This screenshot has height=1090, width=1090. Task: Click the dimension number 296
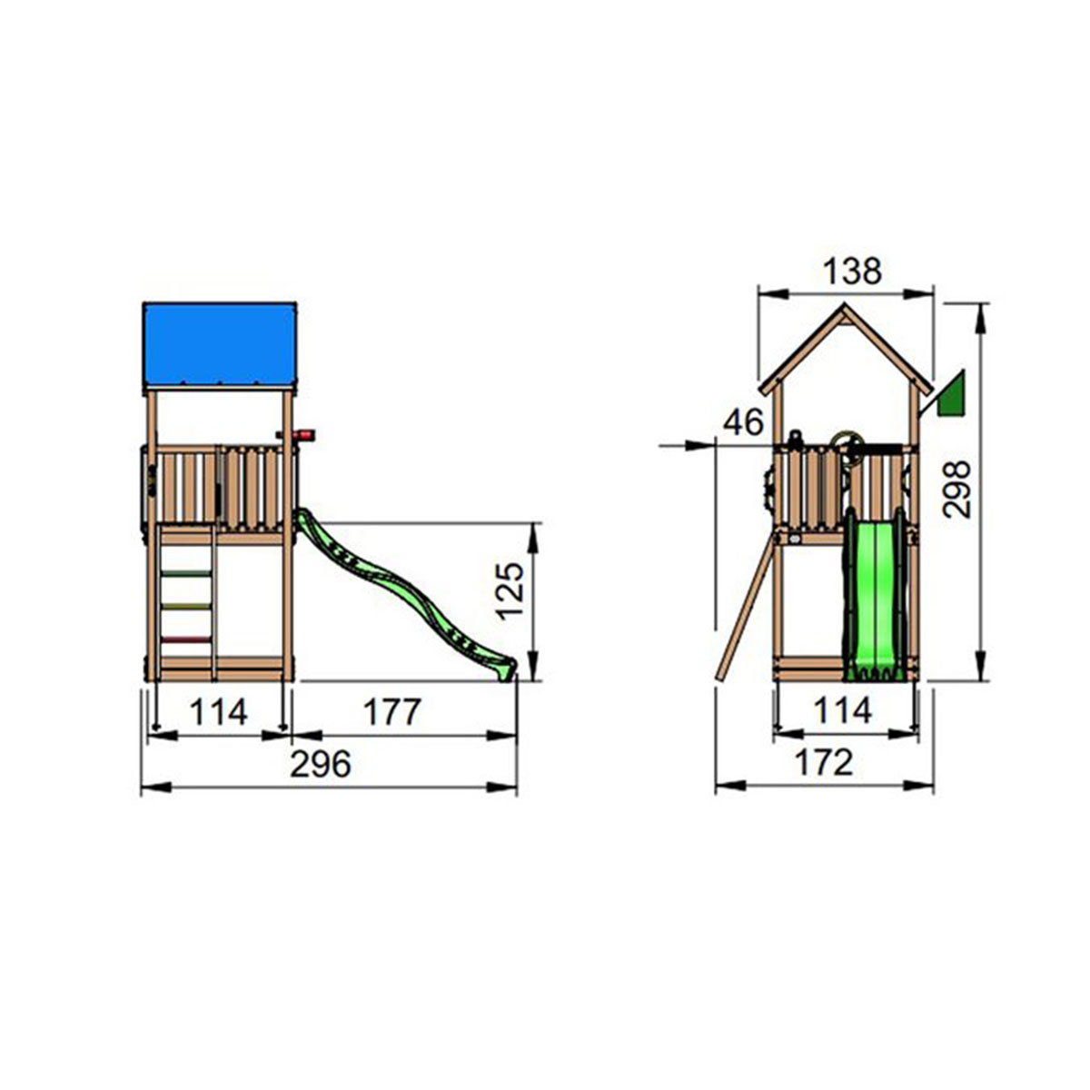click(320, 765)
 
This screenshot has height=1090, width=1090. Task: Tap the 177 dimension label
click(392, 712)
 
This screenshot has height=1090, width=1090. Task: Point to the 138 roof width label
click(851, 271)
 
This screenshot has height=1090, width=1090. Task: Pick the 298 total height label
click(956, 490)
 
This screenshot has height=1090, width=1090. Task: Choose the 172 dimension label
click(823, 763)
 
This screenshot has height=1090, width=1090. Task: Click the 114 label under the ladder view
click(218, 712)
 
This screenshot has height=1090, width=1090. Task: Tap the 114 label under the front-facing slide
click(842, 710)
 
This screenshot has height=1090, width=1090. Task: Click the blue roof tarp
click(220, 344)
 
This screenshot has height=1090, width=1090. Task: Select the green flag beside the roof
click(949, 396)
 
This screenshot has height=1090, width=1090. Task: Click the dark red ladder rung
click(186, 640)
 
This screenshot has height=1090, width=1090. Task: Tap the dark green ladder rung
click(186, 573)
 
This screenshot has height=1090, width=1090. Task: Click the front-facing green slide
click(873, 599)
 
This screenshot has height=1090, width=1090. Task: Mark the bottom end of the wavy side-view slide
click(505, 669)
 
